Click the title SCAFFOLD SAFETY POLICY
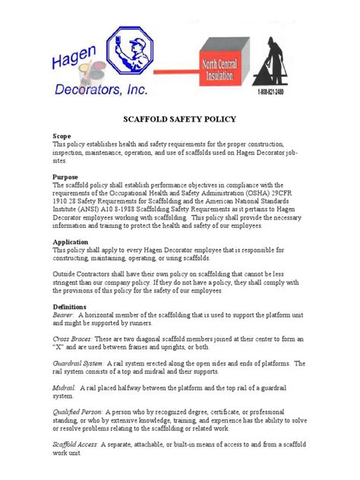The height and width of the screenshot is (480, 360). point(179,118)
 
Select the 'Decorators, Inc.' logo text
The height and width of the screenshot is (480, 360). point(100,92)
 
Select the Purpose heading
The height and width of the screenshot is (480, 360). point(65,175)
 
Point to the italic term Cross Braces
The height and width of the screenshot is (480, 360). point(72,338)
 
